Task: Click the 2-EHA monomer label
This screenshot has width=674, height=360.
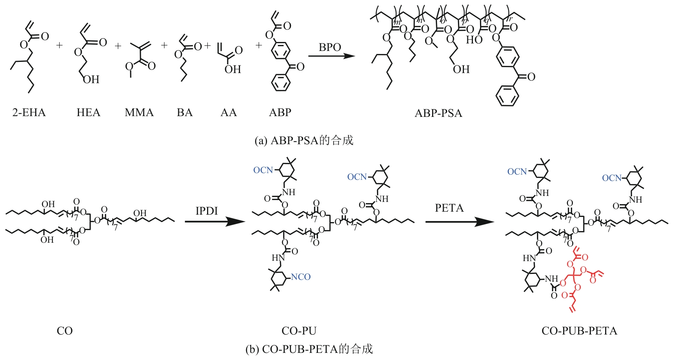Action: [x=29, y=112]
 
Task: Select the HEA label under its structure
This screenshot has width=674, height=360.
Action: [x=88, y=112]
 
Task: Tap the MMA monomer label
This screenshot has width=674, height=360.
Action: [x=139, y=112]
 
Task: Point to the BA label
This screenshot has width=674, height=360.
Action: [x=185, y=112]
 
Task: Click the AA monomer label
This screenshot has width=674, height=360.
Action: [x=228, y=112]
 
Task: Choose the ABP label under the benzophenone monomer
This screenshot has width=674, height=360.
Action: [x=280, y=112]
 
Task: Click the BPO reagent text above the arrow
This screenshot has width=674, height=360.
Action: [x=330, y=47]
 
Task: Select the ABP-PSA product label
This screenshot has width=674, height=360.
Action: [x=438, y=113]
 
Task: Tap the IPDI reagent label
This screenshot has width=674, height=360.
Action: [x=206, y=211]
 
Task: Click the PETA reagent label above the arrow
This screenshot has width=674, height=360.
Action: [x=449, y=208]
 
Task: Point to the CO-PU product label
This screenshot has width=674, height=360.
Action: [x=299, y=331]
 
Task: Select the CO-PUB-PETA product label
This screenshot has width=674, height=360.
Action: [x=579, y=331]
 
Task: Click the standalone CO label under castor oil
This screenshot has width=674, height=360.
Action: [x=64, y=331]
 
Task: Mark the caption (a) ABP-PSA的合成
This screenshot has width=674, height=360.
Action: [x=304, y=140]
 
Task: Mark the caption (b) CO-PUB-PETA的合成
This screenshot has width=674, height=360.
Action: [x=309, y=349]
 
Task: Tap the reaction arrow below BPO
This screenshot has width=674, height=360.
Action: [x=331, y=56]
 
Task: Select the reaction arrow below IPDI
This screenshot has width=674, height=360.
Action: [x=215, y=221]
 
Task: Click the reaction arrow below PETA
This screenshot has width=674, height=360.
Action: [x=459, y=222]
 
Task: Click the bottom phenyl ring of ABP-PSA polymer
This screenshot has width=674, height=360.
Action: [x=507, y=96]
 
